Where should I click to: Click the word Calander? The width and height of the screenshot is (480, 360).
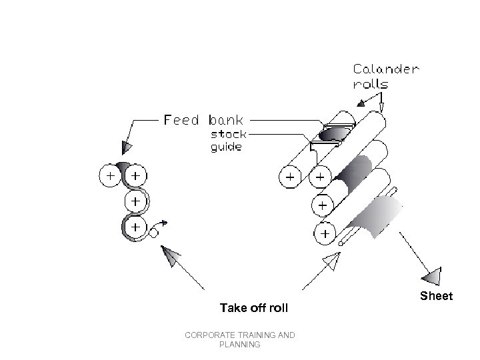pos(386,69)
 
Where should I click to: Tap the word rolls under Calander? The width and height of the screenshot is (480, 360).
pos(370,85)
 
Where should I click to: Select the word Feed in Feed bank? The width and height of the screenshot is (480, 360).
pos(182,121)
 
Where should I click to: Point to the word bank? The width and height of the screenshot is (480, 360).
pos(227,121)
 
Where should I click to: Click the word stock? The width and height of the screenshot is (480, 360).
pos(229,134)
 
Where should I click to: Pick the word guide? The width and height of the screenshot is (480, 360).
pos(226,147)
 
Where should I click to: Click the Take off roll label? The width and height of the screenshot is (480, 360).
pos(254,308)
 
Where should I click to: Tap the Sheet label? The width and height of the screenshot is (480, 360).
pos(436,295)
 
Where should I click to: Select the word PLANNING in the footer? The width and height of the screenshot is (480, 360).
pos(239,345)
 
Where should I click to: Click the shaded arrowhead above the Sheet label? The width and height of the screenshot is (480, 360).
pos(433,275)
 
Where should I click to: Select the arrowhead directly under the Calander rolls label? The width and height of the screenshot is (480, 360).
pos(362,102)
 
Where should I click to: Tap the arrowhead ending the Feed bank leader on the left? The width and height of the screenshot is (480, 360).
pos(127,147)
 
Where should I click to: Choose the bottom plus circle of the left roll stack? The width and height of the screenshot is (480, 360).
pos(136,227)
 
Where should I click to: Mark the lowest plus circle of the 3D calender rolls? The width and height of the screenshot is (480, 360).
pos(325,234)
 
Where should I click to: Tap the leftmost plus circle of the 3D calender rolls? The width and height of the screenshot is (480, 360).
pos(290,177)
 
